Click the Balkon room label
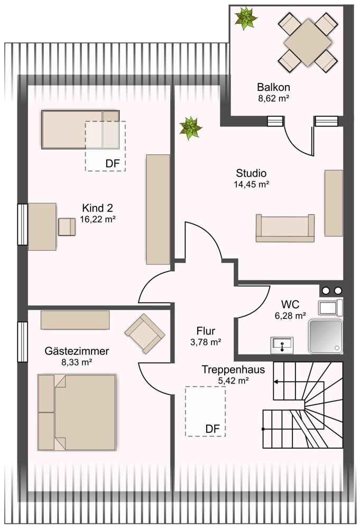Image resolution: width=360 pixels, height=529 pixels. [273, 87]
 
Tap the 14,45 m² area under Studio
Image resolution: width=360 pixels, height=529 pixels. [251, 184]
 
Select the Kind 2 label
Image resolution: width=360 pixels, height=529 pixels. [97, 208]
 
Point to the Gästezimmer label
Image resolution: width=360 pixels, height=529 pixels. [77, 351]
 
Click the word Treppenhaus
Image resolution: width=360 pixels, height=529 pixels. [233, 369]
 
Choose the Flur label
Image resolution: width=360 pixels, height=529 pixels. [206, 331]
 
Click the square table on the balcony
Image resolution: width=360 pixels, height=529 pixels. [308, 42]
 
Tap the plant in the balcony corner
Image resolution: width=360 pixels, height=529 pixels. [246, 18]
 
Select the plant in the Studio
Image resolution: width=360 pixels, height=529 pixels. [191, 128]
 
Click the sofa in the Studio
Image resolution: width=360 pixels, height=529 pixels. [285, 228]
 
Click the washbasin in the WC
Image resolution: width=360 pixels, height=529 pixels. [282, 345]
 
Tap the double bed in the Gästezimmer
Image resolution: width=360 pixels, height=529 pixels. [77, 412]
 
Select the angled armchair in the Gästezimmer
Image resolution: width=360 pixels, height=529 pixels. [145, 333]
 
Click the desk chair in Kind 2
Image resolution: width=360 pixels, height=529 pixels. [67, 227]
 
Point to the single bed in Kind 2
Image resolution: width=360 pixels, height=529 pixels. [80, 130]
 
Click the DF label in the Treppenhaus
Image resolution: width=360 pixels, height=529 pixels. [213, 429]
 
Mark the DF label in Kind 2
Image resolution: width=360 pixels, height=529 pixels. [113, 163]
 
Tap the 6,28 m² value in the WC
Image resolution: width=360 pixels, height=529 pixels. [290, 316]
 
